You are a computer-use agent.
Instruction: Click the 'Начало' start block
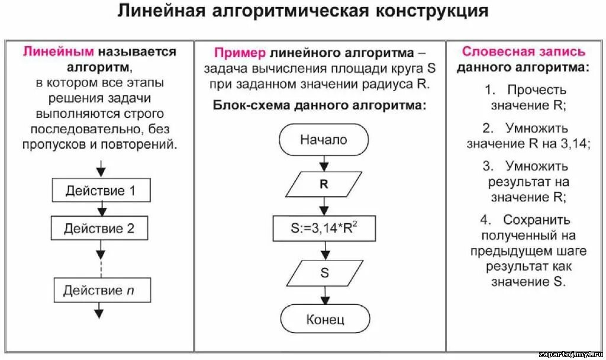coord(324,140)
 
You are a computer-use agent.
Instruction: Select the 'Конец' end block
coord(324,320)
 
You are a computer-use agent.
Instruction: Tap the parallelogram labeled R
coord(324,184)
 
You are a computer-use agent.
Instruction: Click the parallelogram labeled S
coord(324,273)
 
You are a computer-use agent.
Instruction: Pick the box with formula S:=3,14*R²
coord(324,228)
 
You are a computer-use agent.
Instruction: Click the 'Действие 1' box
coord(100,191)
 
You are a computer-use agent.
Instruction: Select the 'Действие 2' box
coord(99,228)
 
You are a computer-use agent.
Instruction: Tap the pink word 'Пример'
coord(240,52)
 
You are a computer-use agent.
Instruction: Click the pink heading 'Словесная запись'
coord(523,52)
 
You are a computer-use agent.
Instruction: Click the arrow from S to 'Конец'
coord(324,295)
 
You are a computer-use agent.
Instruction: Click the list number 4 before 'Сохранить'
coord(485,220)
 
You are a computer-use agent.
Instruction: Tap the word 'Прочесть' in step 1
coord(536,90)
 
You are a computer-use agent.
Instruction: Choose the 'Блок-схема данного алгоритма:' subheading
coord(319,106)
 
